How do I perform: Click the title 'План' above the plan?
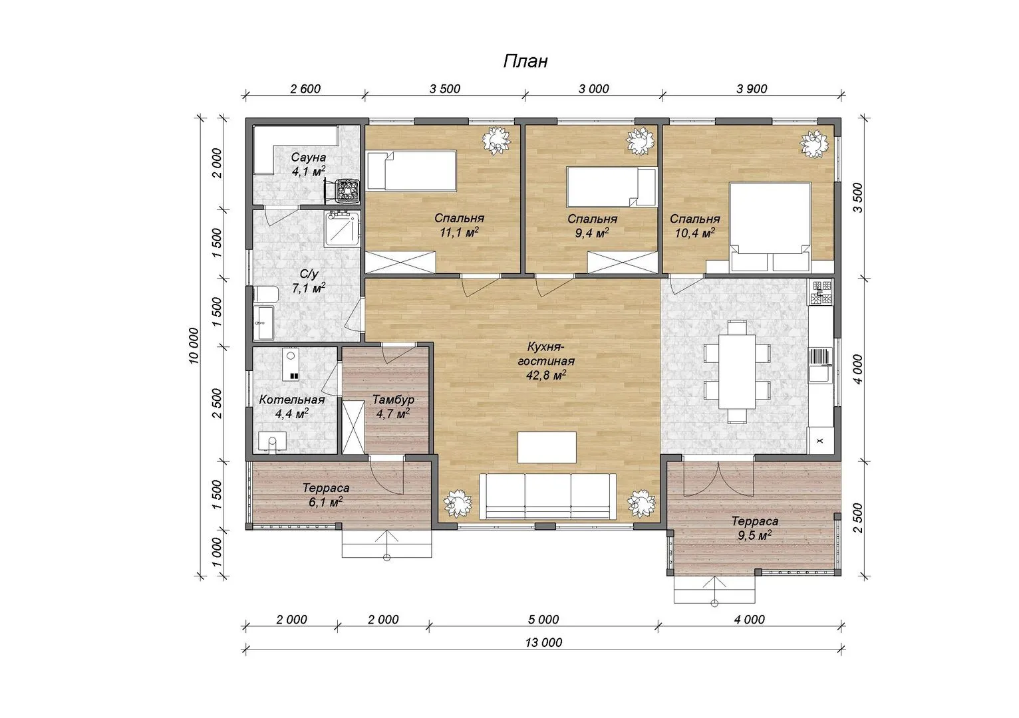[x=525, y=61]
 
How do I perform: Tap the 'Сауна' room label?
[x=309, y=158]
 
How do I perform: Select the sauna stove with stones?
[x=348, y=190]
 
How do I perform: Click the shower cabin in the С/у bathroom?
[x=343, y=228]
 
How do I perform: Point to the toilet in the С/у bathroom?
[x=265, y=294]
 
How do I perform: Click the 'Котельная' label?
[x=291, y=400]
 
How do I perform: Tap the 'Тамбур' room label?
[x=393, y=400]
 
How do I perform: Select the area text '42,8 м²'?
[x=546, y=375]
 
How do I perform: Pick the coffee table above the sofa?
[x=547, y=447]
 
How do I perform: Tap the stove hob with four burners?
[x=821, y=292]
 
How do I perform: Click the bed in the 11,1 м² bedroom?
[x=411, y=170]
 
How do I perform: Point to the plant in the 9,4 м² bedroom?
[x=641, y=140]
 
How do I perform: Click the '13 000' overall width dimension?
[x=543, y=642]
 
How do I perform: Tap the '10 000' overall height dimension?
[x=194, y=346]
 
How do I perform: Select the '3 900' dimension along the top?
[x=752, y=88]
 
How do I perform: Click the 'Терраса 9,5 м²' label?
[x=755, y=528]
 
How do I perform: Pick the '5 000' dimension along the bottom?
[x=543, y=620]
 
